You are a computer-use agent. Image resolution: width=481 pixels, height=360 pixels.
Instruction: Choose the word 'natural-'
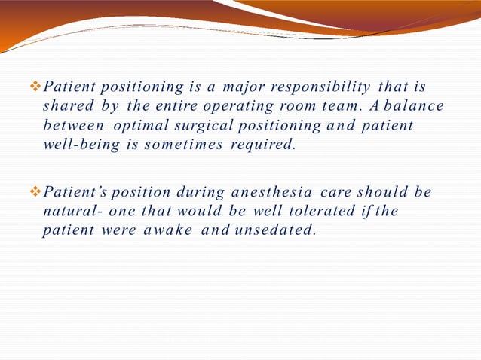point(69,212)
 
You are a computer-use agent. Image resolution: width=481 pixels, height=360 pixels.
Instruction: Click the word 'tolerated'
point(305,212)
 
